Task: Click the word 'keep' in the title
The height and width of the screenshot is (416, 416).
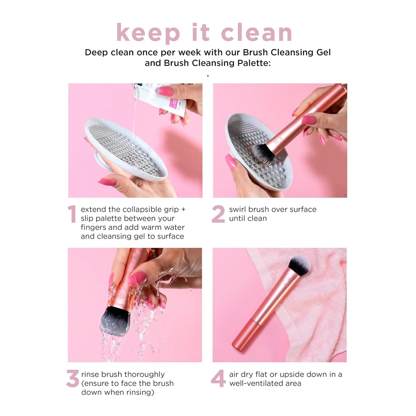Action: click(148, 33)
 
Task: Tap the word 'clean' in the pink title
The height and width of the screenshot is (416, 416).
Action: click(256, 33)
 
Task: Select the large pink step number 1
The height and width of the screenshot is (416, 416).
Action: click(72, 214)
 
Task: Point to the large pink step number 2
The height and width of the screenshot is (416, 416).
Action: click(218, 214)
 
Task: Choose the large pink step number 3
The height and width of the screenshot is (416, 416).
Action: click(72, 379)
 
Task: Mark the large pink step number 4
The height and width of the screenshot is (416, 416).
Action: click(218, 379)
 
